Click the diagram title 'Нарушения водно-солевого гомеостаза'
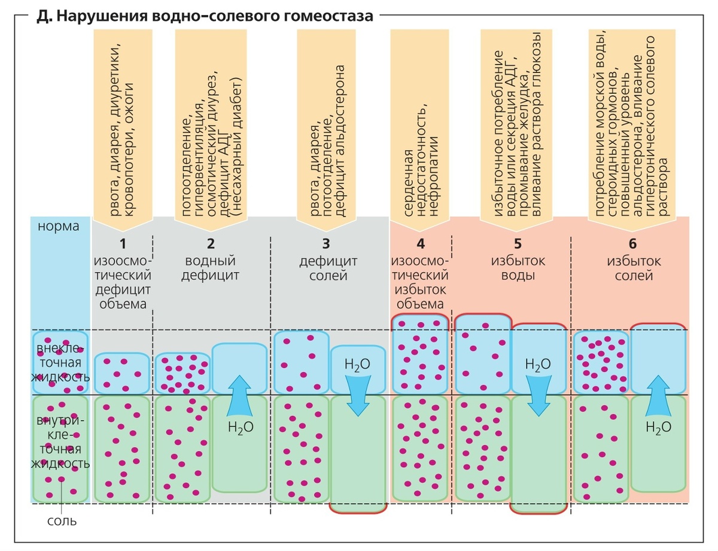tap(203, 15)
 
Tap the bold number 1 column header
tap(123, 243)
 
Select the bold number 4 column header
tap(421, 243)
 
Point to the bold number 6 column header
tap(633, 243)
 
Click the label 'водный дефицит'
tap(211, 269)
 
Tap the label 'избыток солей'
tap(633, 269)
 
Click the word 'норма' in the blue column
tap(59, 227)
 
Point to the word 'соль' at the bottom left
tap(62, 520)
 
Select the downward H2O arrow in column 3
tap(358, 395)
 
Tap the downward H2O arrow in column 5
tap(538, 395)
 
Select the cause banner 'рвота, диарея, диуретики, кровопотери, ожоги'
tap(123, 126)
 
